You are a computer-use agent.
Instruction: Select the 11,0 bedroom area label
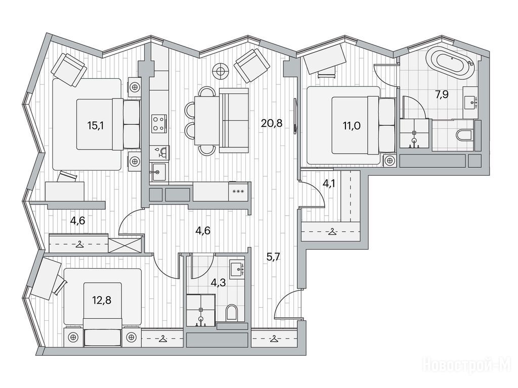coord(352,125)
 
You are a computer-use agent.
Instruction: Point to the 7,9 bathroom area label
coord(444,94)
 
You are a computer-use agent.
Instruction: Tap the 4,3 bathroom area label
coord(219,282)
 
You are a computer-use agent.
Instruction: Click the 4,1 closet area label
coord(329,183)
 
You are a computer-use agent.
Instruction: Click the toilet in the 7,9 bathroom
coord(464,134)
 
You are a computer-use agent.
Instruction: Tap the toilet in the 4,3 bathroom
coord(232,312)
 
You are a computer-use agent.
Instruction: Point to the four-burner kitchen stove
coord(159,123)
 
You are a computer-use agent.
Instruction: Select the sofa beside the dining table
coord(234,120)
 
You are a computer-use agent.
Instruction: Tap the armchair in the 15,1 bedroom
coord(69,70)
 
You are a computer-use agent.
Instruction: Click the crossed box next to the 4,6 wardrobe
coord(125,245)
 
